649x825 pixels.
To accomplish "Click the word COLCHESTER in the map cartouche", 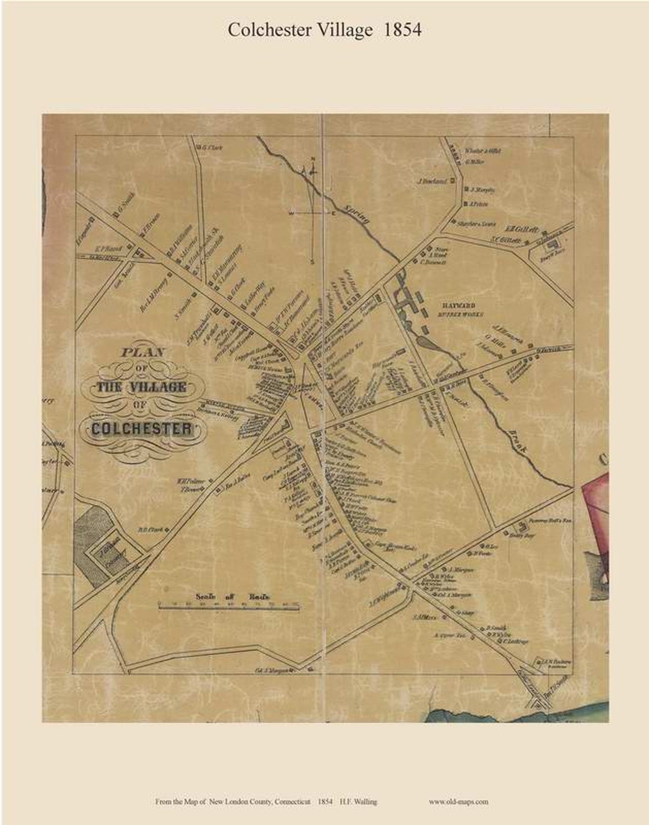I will point(142,429).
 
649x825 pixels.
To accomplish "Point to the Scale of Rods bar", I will point(229,608).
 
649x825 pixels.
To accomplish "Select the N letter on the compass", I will point(312,159).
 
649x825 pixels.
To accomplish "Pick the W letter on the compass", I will point(291,213).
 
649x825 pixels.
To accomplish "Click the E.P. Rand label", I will point(109,248).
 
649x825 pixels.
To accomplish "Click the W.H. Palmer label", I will point(190,482).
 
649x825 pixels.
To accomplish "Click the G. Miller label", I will point(475,161).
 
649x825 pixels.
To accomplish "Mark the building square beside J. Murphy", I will point(466,190).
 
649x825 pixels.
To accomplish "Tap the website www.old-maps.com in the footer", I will point(459,801).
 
